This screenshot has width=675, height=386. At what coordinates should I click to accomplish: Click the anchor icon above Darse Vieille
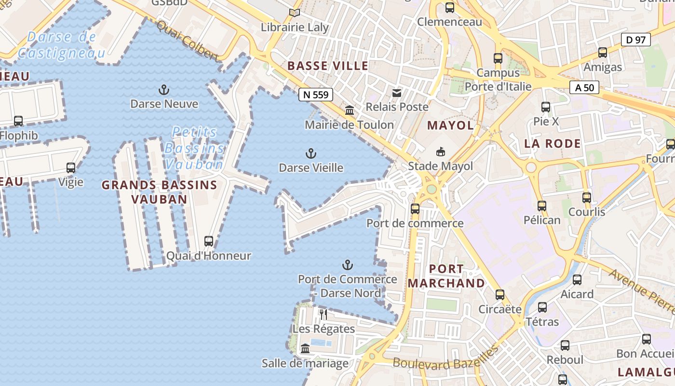tap(311, 154)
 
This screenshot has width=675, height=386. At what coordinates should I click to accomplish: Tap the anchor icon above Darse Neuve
tap(164, 90)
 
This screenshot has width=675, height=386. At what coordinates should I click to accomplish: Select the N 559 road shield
tap(316, 95)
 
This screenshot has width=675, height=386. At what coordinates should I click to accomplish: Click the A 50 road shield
tap(584, 87)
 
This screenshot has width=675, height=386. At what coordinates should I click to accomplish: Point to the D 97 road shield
tap(635, 40)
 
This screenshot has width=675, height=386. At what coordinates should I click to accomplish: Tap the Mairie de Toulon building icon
tap(350, 110)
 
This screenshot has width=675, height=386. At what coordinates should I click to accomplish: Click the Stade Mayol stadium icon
tap(440, 152)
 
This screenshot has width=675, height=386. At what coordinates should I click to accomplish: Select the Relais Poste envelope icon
tap(397, 93)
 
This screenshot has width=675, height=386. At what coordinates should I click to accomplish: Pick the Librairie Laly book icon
tap(295, 13)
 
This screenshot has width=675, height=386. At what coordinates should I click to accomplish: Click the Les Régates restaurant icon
tap(324, 315)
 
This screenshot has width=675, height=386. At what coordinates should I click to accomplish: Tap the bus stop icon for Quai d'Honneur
tap(209, 241)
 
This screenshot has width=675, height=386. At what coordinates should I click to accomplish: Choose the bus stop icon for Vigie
tap(71, 168)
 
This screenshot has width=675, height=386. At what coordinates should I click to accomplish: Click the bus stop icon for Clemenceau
tap(449, 8)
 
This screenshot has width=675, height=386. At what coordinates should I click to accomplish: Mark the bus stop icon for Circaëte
tap(500, 295)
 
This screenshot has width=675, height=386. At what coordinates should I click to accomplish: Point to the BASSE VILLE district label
tap(328, 66)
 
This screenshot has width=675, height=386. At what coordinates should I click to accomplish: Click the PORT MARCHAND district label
tap(446, 276)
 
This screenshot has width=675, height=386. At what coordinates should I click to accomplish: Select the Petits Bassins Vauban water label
tap(195, 148)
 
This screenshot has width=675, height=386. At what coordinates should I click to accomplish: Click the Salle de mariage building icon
tap(305, 349)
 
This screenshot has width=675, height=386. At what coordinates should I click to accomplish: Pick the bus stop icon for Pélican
tap(542, 206)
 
